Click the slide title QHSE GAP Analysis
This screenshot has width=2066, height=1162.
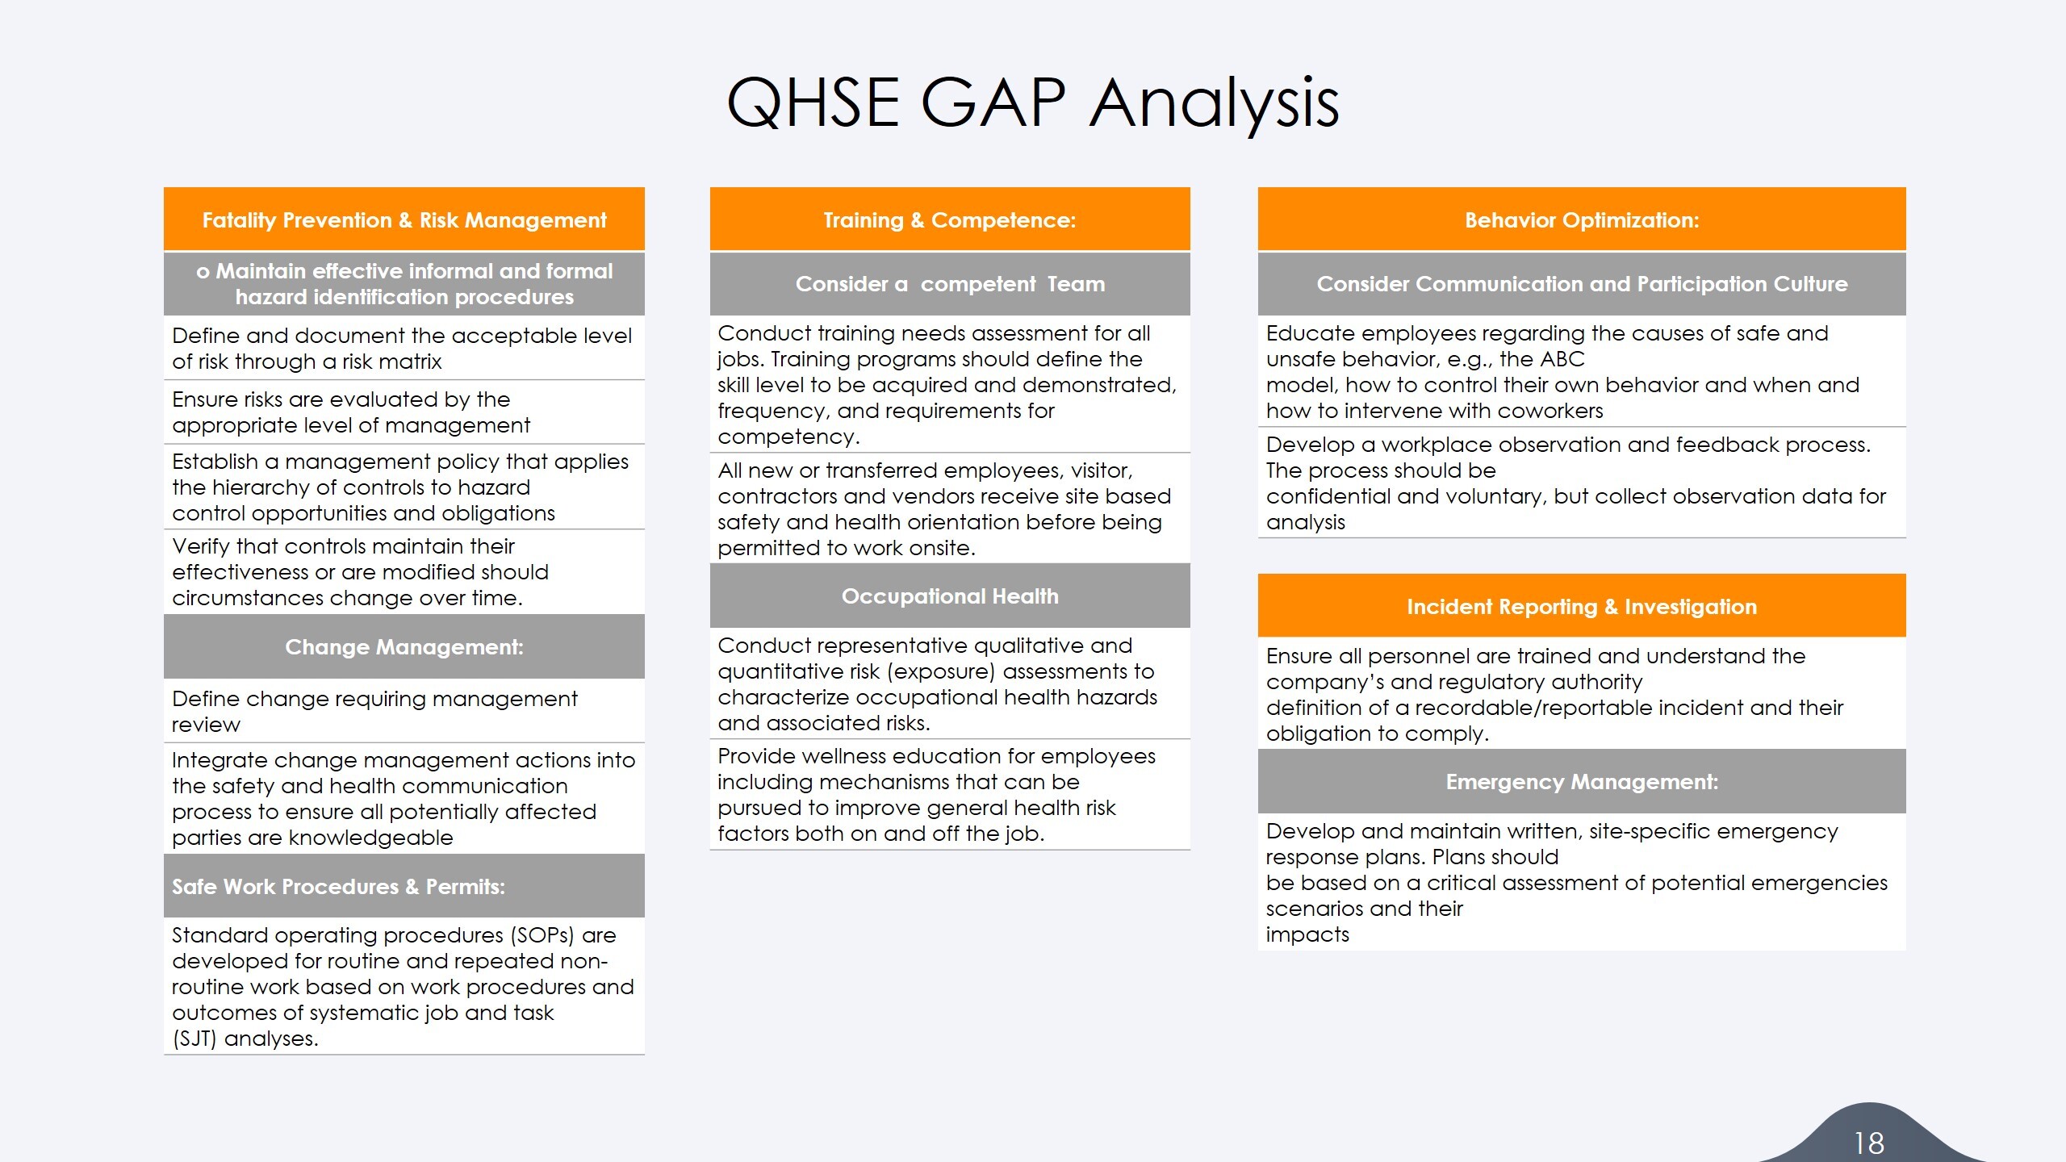(x=1032, y=102)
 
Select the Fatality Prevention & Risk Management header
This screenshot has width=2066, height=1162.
(x=404, y=220)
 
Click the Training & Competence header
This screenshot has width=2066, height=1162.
(x=949, y=220)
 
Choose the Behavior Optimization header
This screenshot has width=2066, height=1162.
(x=1581, y=220)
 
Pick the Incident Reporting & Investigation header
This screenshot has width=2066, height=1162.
(x=1581, y=607)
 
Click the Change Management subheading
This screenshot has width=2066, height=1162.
(x=404, y=647)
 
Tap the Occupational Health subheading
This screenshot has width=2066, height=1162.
(x=949, y=596)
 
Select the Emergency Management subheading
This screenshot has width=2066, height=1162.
(x=1581, y=782)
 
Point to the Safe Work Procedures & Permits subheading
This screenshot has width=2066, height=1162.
(x=338, y=887)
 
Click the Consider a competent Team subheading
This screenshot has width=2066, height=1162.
(x=949, y=284)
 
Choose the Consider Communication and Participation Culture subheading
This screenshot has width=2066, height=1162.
(x=1581, y=284)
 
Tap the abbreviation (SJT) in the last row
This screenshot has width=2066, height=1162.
(x=194, y=1039)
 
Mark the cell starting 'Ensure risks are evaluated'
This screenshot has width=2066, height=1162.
(x=351, y=412)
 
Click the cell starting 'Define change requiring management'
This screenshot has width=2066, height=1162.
(x=374, y=711)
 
